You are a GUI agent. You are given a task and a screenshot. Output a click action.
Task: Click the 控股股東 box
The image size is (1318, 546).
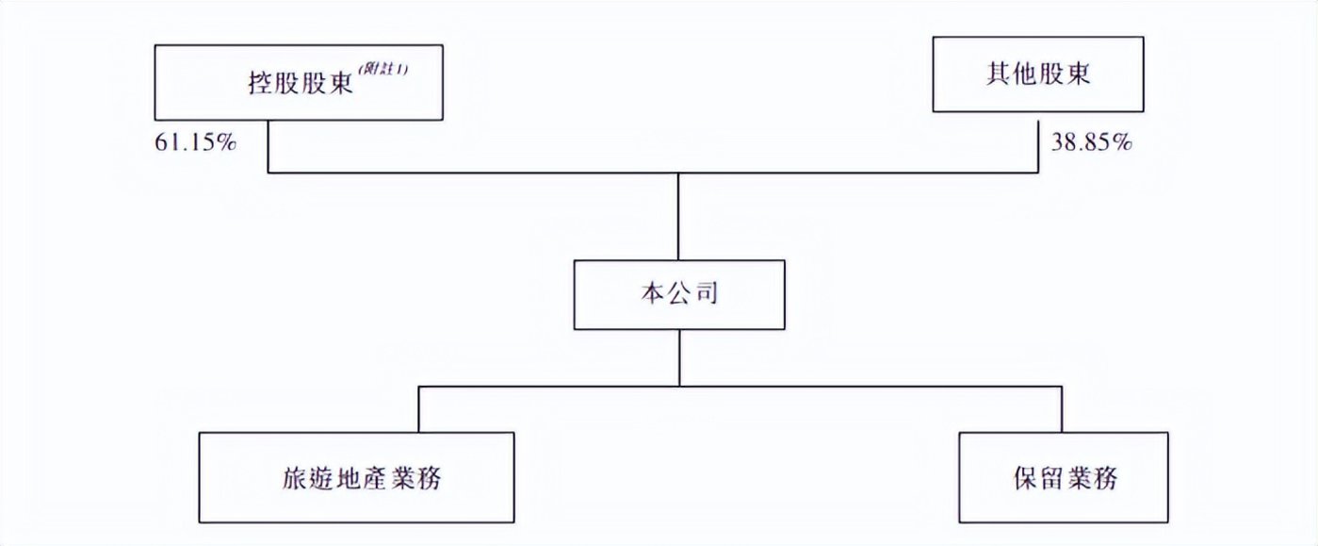[298, 81]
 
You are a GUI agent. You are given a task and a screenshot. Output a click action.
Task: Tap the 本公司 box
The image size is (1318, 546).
[678, 294]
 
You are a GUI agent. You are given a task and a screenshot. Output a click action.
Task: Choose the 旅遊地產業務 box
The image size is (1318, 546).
[358, 477]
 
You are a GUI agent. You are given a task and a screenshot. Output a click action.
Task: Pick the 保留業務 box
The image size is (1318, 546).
[1063, 477]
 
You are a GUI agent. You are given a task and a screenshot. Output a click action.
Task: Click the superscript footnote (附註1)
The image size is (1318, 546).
[382, 69]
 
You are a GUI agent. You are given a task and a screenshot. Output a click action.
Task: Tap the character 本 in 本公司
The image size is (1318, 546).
[651, 294]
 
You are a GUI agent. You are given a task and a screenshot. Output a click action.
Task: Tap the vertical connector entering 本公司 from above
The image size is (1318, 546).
[678, 217]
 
